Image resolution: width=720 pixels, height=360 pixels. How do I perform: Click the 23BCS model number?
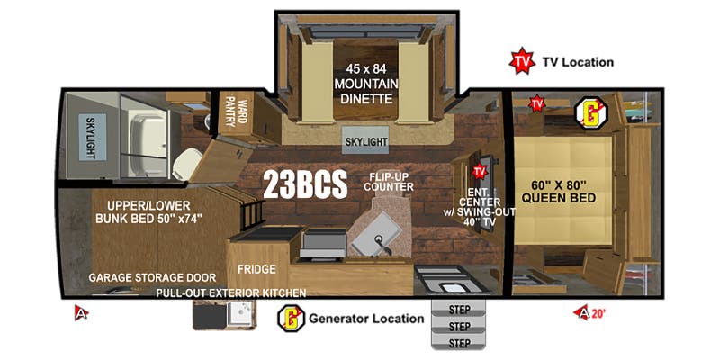[305, 184]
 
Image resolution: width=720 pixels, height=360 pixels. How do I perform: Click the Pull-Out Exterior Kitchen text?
[231, 292]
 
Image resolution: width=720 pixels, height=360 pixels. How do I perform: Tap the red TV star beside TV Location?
[521, 62]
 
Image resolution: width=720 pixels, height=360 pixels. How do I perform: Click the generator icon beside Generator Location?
[292, 318]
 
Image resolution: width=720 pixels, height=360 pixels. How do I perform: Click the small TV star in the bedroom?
[537, 104]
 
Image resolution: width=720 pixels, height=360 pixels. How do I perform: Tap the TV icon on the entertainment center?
[479, 171]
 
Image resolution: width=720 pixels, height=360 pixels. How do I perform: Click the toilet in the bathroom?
[186, 162]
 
